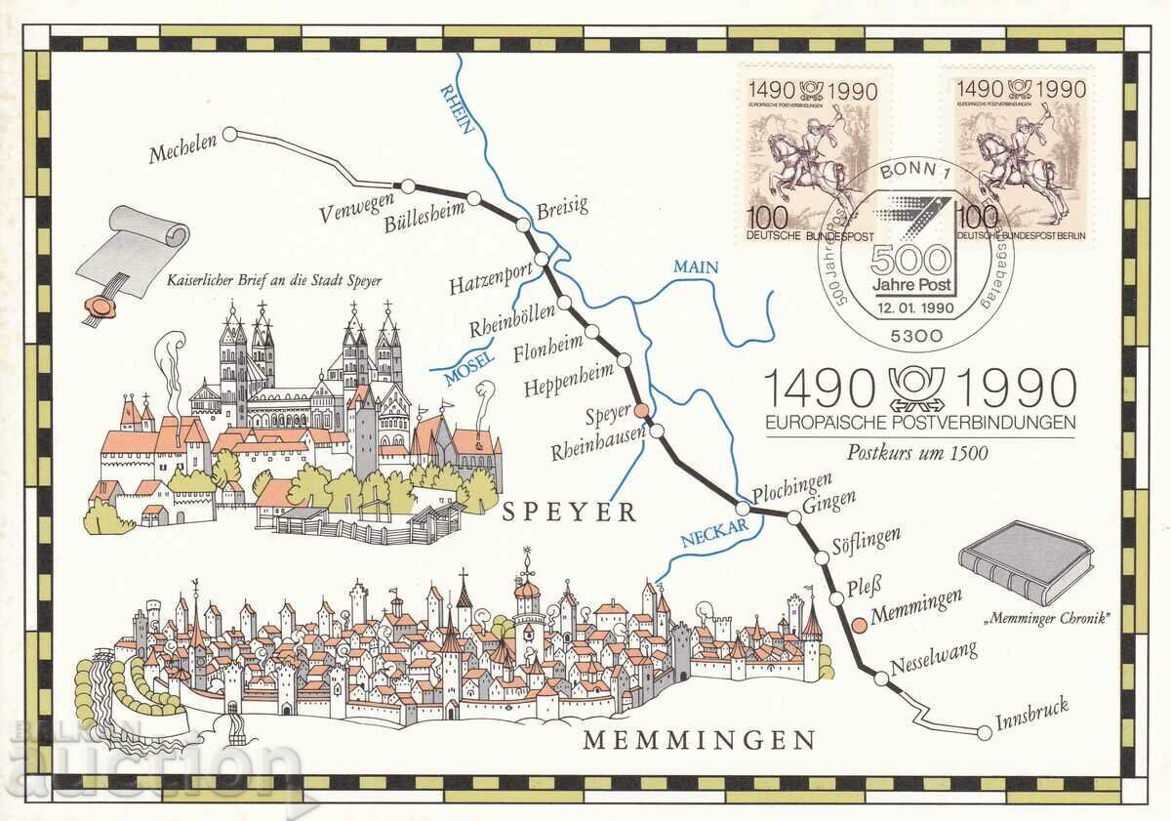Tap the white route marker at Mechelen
click(230, 136)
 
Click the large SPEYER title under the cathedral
click(569, 512)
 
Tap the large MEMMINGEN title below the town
click(698, 739)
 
